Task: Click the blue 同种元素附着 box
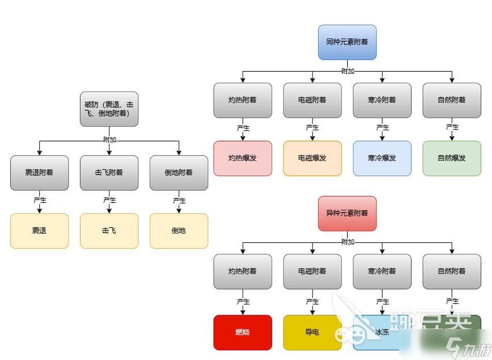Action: point(347,42)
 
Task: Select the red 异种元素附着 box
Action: point(347,213)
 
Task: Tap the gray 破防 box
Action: point(109,109)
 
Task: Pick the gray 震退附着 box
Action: point(39,173)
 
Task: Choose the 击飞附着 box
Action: point(109,173)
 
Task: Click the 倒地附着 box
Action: point(178,173)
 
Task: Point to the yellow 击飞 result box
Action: point(109,231)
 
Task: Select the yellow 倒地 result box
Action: point(178,231)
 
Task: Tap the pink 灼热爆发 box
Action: point(242,158)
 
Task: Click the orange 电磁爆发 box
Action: point(312,158)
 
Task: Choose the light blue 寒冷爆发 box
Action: point(382,158)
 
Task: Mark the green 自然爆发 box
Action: point(452,158)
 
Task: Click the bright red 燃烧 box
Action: point(242,332)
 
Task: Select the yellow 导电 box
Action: point(312,332)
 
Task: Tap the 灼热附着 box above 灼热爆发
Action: point(242,100)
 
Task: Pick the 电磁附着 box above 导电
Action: point(312,271)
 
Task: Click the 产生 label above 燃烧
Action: point(243,302)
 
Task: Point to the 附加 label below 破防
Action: point(109,140)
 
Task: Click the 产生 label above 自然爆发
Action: point(452,127)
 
